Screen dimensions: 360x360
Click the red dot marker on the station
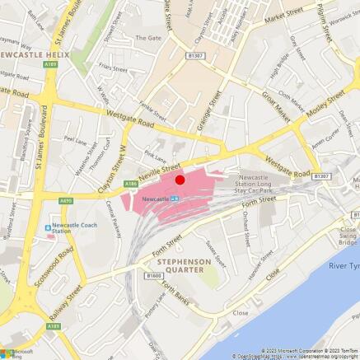pos(180,179)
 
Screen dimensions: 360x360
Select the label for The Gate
pos(148,38)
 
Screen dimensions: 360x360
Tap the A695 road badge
pos(66,200)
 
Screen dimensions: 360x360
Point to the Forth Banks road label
pos(175,292)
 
